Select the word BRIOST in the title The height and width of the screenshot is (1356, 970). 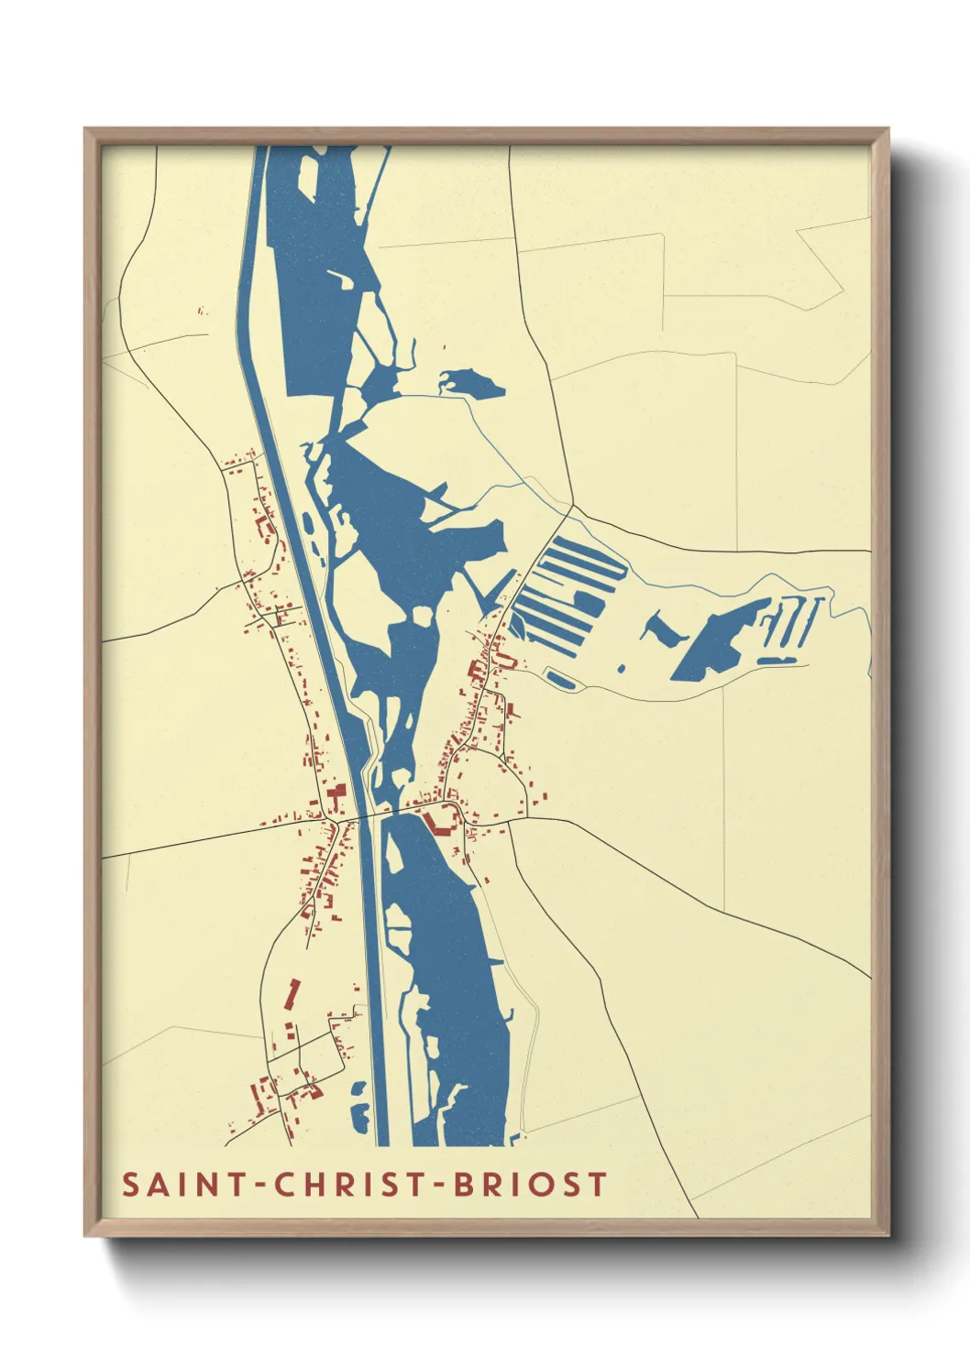[520, 1184]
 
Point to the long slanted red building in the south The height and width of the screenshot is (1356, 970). [292, 993]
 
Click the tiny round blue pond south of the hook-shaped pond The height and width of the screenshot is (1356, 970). [622, 668]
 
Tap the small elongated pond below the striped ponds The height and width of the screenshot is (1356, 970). [559, 679]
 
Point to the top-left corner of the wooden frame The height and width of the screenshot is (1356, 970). [85, 129]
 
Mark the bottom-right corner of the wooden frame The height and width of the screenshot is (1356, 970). [888, 1236]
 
